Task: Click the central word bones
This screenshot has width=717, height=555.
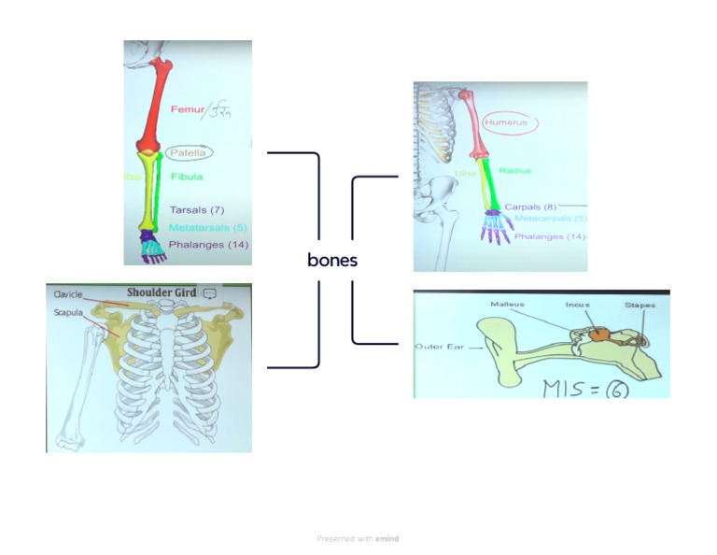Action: pos(332,260)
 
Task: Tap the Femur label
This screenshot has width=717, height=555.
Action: pos(186,110)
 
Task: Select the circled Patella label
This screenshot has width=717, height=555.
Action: pos(189,151)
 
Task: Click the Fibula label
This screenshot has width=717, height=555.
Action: pos(187,176)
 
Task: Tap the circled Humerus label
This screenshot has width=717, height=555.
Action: pos(505,122)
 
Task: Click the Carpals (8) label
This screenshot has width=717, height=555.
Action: pos(530,206)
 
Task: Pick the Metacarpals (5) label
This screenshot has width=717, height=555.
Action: pos(550,219)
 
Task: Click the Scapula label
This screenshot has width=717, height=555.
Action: pos(67,312)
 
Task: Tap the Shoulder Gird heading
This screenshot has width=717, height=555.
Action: pos(162,292)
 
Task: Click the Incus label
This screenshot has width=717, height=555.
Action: pos(577,305)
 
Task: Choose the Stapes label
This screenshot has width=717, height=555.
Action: pos(640,305)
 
